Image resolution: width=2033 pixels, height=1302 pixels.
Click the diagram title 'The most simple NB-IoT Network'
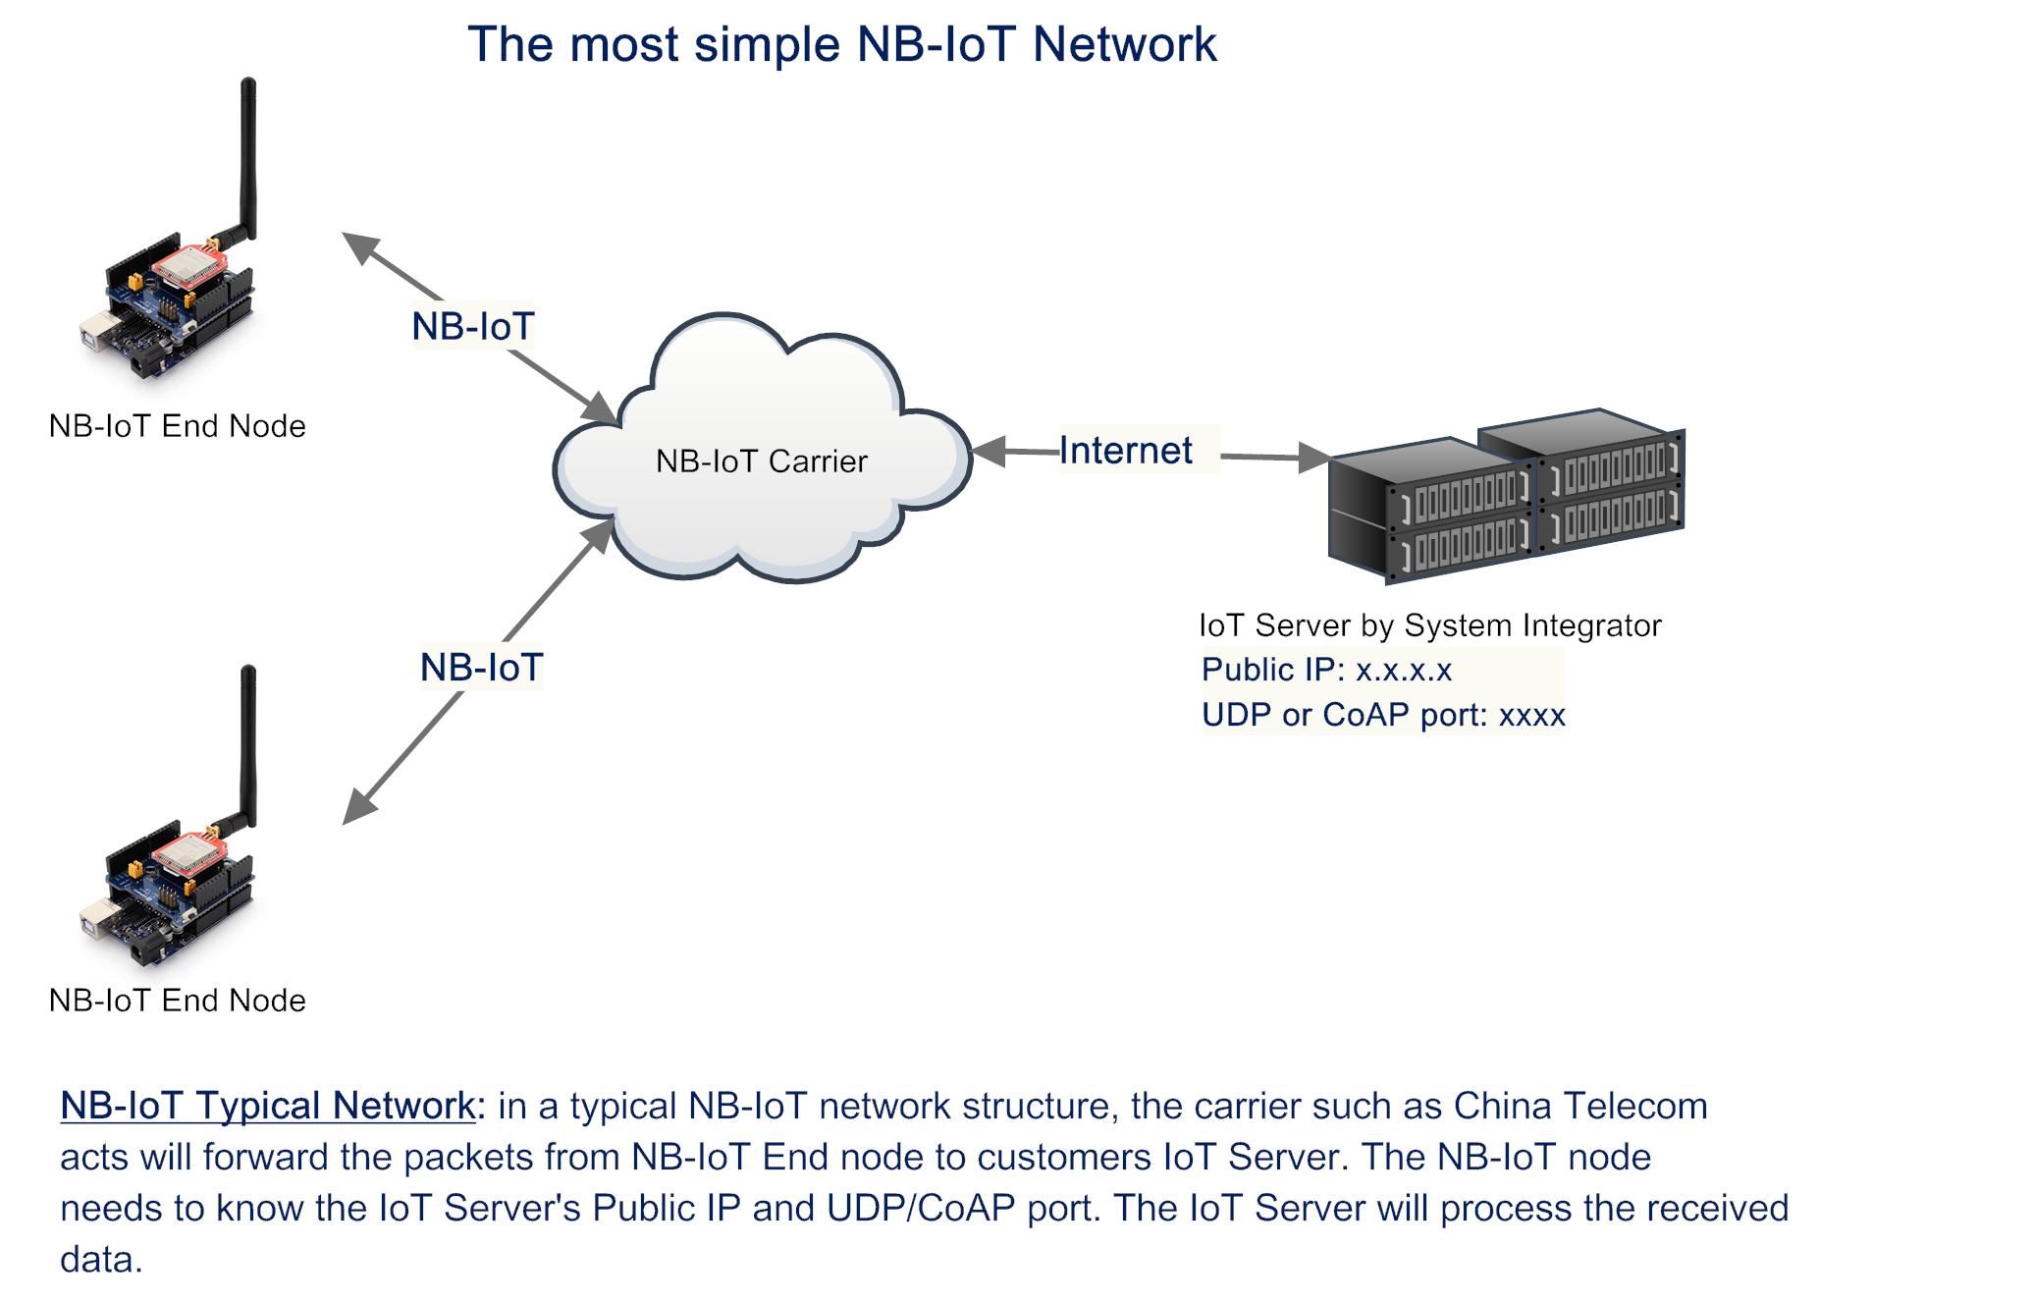[x=841, y=44]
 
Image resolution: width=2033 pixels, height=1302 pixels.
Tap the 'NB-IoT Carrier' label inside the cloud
[x=762, y=461]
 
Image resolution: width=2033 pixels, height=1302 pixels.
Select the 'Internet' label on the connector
[x=1126, y=450]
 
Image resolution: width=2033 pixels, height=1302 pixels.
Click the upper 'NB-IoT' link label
[x=473, y=326]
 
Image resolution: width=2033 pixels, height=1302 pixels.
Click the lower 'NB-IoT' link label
[x=481, y=668]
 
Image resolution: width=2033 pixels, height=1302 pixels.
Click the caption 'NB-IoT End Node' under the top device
[x=178, y=426]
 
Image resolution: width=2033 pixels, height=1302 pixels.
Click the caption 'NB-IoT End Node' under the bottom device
[x=178, y=1001]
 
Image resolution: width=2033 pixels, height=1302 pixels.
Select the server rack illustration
[x=1507, y=496]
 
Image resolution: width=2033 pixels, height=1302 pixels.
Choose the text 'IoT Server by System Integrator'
[x=1430, y=625]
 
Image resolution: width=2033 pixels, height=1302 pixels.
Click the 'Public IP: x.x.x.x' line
[x=1326, y=670]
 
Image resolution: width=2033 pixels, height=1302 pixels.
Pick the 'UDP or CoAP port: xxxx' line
[x=1383, y=715]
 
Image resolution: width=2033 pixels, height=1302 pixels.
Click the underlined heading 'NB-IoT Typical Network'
[x=268, y=1106]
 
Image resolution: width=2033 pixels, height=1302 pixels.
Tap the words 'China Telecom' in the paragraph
[x=1580, y=1106]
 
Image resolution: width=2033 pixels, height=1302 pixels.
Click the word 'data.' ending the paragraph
[x=101, y=1259]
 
